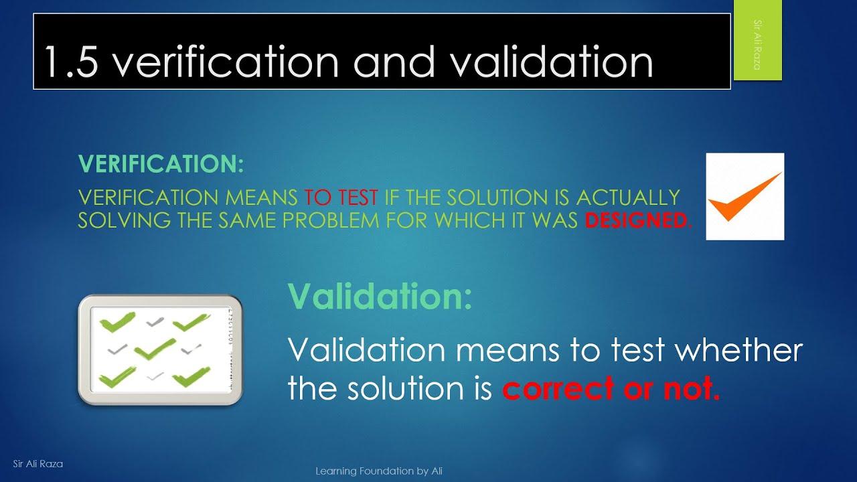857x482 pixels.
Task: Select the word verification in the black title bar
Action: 226,62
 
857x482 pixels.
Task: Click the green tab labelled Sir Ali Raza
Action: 757,41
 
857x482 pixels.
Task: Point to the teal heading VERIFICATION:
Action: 161,164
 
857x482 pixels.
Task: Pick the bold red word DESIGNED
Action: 636,220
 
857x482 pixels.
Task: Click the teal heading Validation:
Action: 380,296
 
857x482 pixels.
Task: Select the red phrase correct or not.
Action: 611,388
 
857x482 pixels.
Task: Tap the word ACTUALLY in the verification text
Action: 628,197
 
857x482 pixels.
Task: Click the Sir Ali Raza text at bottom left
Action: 38,463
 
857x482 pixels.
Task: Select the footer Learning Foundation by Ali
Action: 379,471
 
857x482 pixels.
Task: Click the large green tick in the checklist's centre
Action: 155,348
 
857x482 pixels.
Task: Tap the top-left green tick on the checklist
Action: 117,323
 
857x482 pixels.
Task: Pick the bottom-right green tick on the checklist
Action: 191,378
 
